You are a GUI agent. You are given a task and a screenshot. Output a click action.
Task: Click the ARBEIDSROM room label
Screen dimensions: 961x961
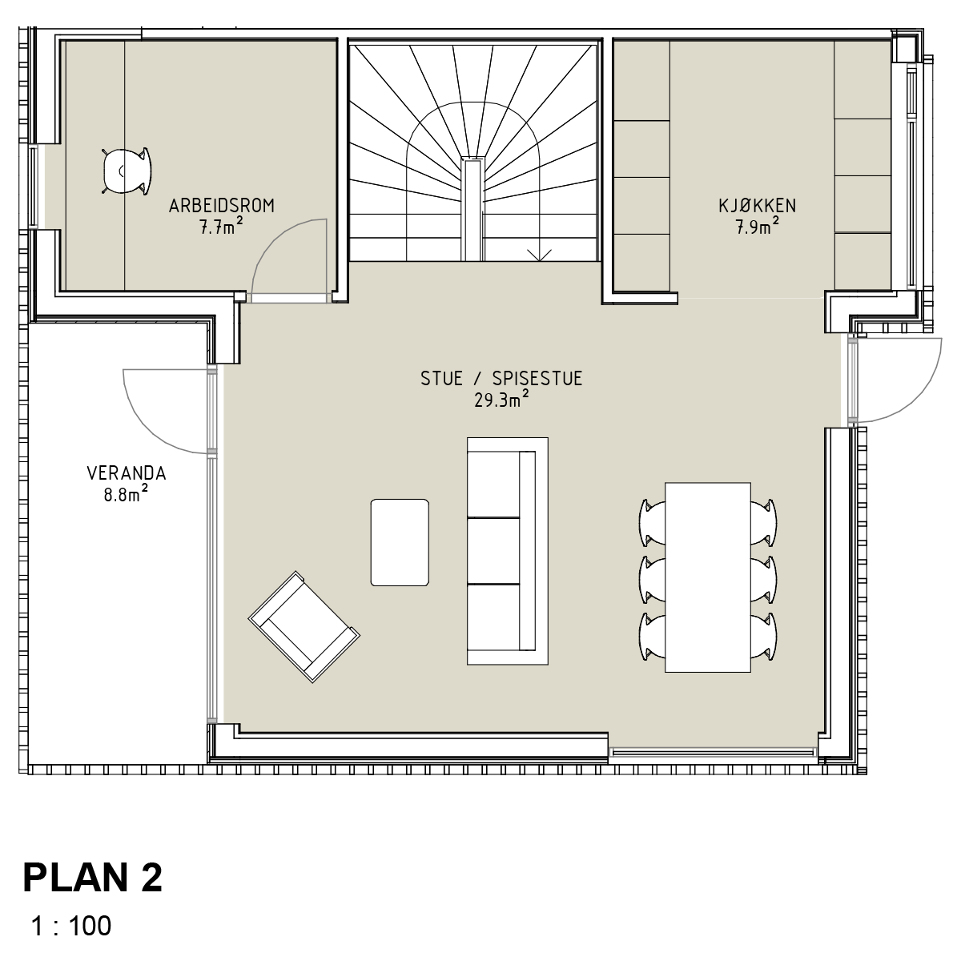(221, 206)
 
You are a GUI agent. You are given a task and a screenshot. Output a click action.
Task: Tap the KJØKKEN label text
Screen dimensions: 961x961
(757, 206)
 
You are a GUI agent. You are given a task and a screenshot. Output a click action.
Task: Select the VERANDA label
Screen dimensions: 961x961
(127, 473)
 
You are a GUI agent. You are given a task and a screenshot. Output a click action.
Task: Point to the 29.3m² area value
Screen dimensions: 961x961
(501, 400)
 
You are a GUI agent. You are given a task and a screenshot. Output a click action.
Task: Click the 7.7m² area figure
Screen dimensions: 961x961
(221, 227)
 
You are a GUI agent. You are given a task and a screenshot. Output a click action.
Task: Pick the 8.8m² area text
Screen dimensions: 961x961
(127, 494)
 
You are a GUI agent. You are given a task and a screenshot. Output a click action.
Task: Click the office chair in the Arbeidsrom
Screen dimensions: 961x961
(126, 171)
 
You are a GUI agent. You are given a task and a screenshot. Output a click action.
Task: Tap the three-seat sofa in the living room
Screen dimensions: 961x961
(507, 551)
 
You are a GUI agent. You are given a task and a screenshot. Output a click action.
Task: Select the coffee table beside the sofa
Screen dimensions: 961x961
(400, 542)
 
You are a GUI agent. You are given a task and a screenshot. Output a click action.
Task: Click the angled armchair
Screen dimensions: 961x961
(304, 627)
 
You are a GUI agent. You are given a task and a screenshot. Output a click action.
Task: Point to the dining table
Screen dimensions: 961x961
(708, 577)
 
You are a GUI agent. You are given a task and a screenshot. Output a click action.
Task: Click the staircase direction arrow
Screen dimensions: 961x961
(539, 255)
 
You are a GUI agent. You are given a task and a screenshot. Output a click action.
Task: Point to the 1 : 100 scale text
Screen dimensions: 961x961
(70, 926)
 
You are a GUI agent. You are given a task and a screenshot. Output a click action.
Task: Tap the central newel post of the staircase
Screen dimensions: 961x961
(472, 209)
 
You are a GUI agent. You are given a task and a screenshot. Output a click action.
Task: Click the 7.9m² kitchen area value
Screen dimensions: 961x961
(757, 227)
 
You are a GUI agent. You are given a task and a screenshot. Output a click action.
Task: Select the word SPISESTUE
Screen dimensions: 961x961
(537, 379)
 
